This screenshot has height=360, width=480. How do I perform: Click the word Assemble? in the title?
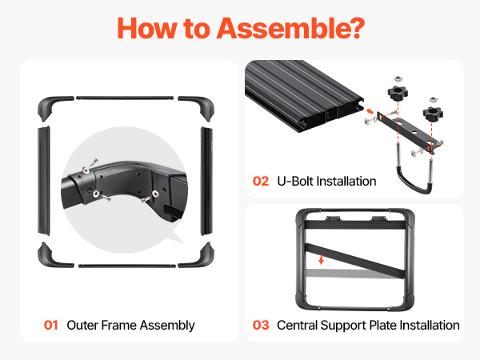coord(290,29)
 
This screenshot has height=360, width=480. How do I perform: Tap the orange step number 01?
coord(51,325)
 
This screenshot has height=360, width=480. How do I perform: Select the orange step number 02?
coord(261,182)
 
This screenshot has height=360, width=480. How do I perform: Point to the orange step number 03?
coord(261,325)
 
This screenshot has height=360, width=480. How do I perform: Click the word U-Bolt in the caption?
coord(295,182)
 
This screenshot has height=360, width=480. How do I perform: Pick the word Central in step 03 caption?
coord(297,325)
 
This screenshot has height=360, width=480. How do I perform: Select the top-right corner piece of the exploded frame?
coord(199,106)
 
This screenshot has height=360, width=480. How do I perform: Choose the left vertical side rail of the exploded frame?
coord(44,181)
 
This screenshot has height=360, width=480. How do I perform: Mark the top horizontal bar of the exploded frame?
coord(125,98)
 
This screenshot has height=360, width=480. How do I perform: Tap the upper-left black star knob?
coord(398,92)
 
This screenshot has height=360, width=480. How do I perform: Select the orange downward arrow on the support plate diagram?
coord(321,259)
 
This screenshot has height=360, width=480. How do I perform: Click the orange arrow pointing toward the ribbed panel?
coord(370,111)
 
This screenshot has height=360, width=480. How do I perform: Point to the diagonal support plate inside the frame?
coord(355,261)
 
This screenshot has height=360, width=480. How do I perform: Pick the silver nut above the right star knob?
coord(433,99)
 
